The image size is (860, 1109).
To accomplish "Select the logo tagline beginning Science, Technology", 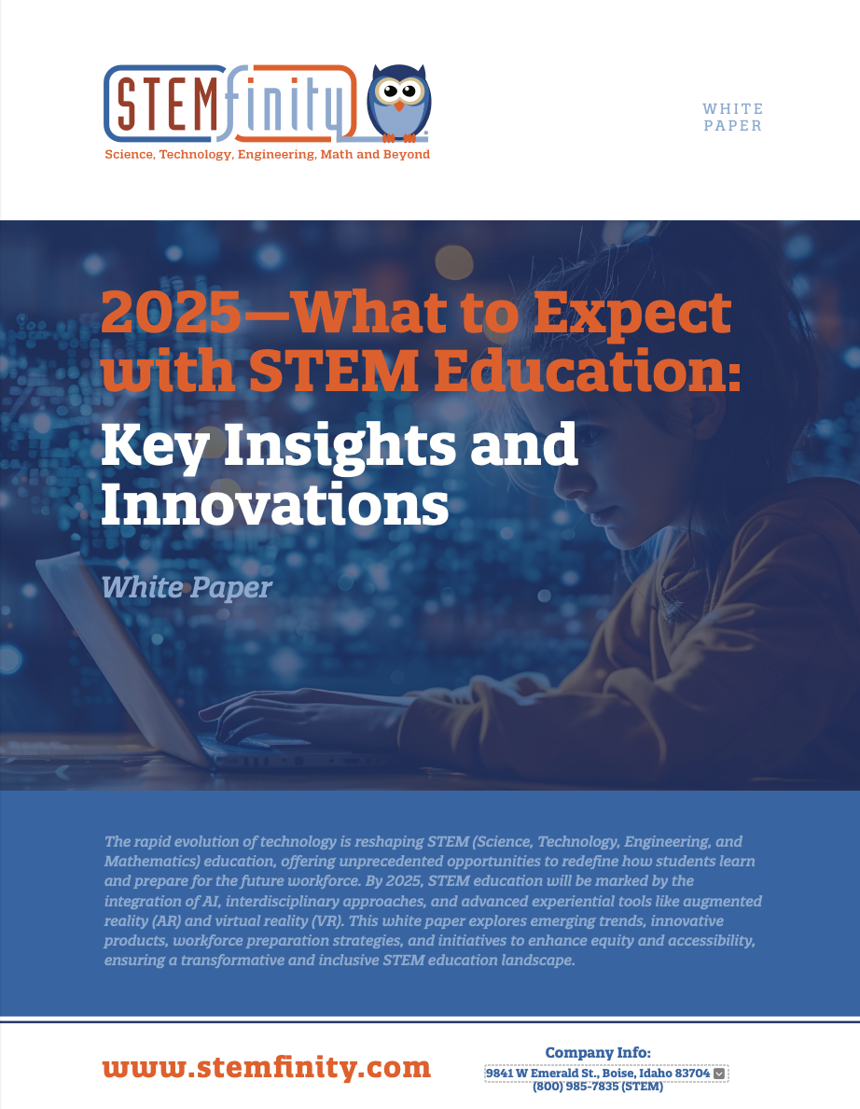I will [267, 154].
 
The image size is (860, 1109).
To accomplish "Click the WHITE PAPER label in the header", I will [732, 118].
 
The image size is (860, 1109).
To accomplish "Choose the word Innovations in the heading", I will [274, 503].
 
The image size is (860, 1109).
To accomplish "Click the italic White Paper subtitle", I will [186, 587].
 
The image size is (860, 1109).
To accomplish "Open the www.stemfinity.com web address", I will [266, 1067].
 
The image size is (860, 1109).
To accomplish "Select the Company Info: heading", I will [598, 1053].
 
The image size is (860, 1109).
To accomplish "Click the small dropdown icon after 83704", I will [718, 1074].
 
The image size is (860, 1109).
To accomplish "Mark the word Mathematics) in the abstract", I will [150, 860].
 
